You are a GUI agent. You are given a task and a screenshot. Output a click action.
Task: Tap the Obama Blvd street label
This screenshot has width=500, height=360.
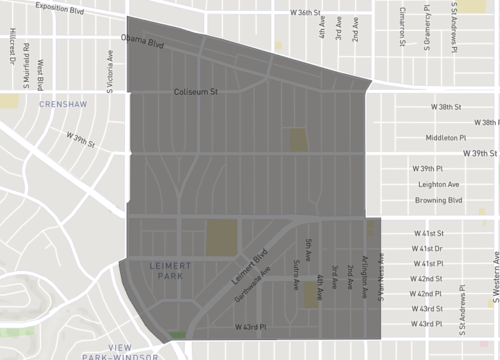pyautogui.click(x=142, y=44)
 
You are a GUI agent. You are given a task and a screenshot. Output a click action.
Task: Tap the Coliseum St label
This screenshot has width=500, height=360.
pyautogui.click(x=197, y=92)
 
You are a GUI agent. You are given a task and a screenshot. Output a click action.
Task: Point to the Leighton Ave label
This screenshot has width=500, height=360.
pyautogui.click(x=436, y=184)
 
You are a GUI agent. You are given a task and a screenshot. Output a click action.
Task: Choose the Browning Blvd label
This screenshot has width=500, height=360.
pyautogui.click(x=440, y=200)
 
